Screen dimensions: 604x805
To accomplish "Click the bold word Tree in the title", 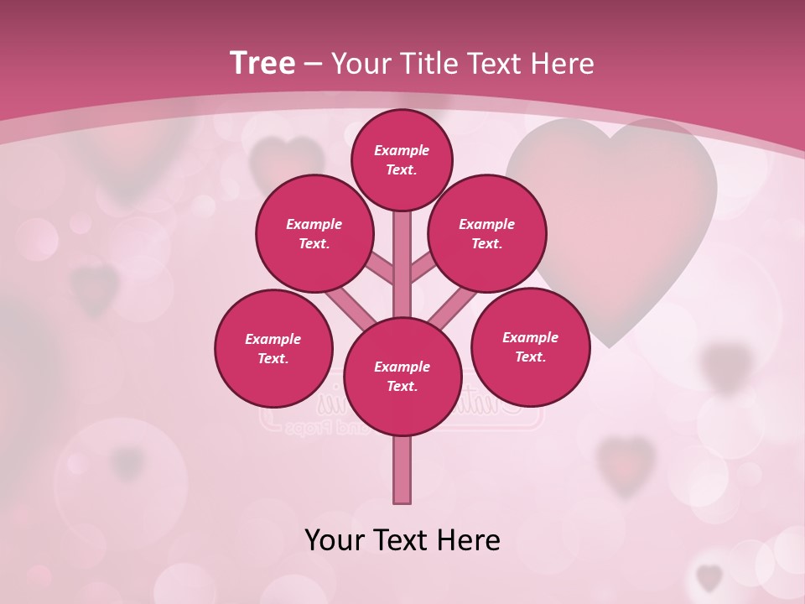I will tap(262, 64).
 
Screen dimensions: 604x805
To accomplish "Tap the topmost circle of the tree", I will tap(402, 159).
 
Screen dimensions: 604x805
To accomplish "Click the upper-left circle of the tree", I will tap(314, 234).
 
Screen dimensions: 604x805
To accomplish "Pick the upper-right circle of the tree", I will tap(487, 234).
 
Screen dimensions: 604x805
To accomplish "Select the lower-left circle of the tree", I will tap(273, 348).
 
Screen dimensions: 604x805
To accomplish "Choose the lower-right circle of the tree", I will tap(530, 346).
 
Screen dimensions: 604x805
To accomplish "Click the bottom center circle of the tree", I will tap(402, 376).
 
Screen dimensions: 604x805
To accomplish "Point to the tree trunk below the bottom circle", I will tap(402, 470).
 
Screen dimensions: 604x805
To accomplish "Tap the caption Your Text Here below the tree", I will tap(402, 540).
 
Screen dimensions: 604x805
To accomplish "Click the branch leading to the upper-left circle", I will tap(379, 268).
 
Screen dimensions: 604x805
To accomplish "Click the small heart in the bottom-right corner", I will tap(709, 577).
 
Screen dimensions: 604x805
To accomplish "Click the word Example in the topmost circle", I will tap(402, 150).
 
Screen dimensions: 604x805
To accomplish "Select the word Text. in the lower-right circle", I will tap(530, 357).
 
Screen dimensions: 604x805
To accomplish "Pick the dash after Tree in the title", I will tap(314, 64).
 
